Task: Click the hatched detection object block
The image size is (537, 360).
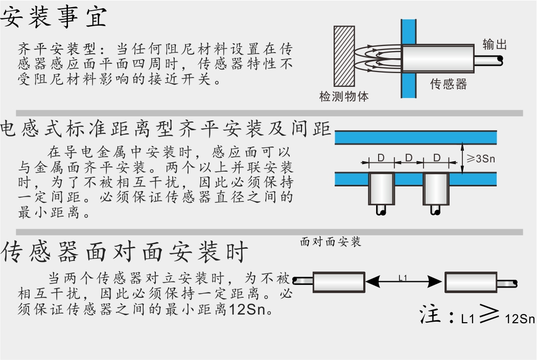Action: tap(344, 57)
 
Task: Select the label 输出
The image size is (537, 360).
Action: tap(495, 44)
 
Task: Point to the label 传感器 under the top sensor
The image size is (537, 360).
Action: tap(449, 84)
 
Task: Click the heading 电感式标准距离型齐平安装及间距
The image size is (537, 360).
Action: tap(166, 129)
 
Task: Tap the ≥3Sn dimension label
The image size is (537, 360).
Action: tap(481, 159)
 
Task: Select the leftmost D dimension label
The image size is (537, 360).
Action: tap(381, 158)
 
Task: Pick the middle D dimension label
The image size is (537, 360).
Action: tap(409, 158)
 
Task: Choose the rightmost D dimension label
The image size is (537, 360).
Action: tap(436, 158)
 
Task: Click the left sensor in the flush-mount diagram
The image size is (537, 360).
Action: tap(381, 188)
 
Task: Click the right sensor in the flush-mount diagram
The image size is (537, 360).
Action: tap(435, 188)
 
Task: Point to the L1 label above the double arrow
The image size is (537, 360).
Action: tap(403, 278)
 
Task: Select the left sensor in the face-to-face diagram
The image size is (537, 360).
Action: tap(338, 281)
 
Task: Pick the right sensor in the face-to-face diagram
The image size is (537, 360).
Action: tap(471, 281)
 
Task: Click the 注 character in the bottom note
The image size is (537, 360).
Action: tap(430, 315)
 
